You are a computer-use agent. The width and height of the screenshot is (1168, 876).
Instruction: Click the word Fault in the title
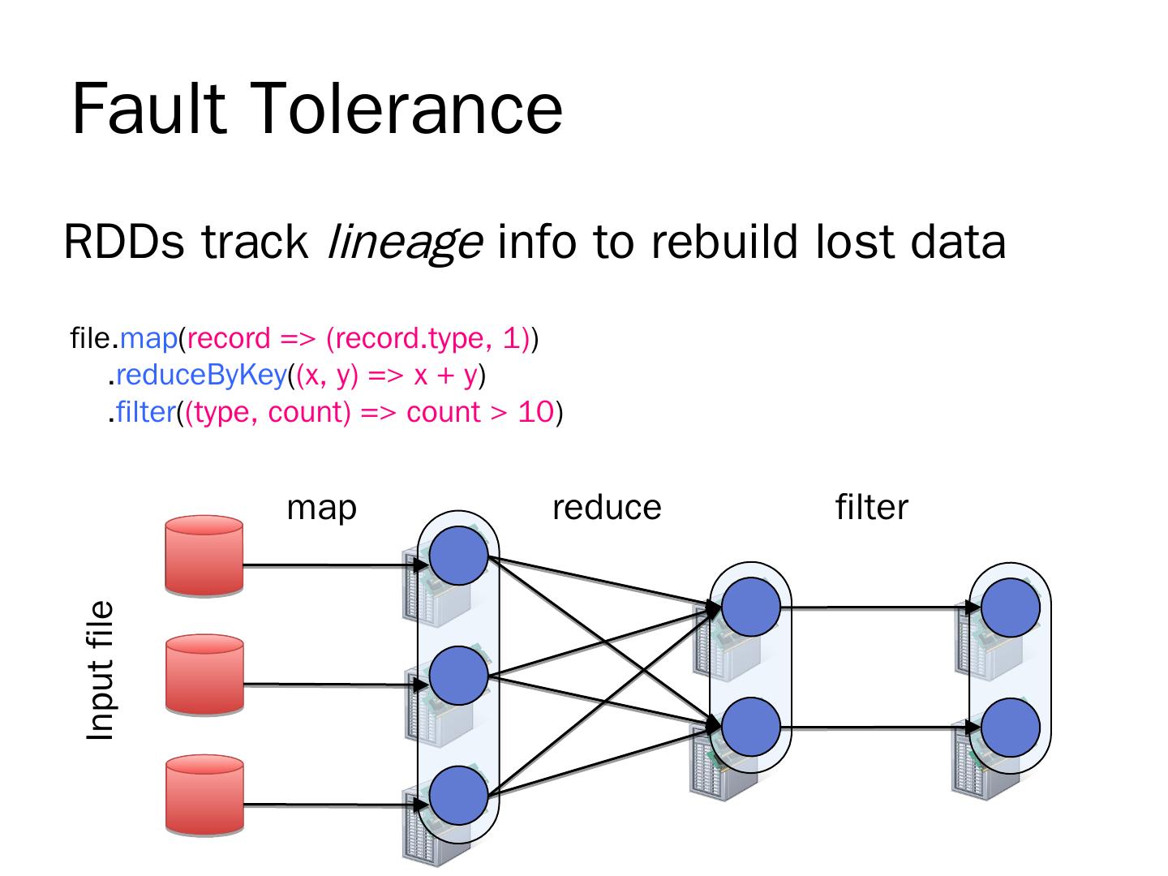[149, 109]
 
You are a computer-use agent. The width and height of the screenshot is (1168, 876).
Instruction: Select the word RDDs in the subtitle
[123, 242]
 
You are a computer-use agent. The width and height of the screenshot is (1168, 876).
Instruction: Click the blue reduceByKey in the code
[202, 376]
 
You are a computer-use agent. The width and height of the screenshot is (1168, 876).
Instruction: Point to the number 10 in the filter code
[536, 412]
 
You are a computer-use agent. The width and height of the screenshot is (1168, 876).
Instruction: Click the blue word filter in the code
[146, 412]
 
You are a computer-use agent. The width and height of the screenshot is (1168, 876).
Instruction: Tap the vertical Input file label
[100, 670]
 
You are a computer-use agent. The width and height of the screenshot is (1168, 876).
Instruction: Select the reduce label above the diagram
[607, 508]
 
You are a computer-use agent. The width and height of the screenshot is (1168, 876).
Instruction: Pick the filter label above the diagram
[872, 507]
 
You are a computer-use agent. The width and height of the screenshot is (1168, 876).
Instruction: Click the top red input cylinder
[204, 555]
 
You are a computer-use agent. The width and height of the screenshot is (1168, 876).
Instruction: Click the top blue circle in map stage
[459, 556]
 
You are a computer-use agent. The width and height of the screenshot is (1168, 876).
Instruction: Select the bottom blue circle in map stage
[459, 796]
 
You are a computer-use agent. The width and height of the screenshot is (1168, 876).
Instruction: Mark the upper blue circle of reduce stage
[751, 607]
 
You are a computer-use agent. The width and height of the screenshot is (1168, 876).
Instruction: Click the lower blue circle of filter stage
[1011, 727]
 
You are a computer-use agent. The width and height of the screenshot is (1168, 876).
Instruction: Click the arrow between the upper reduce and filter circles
[881, 607]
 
